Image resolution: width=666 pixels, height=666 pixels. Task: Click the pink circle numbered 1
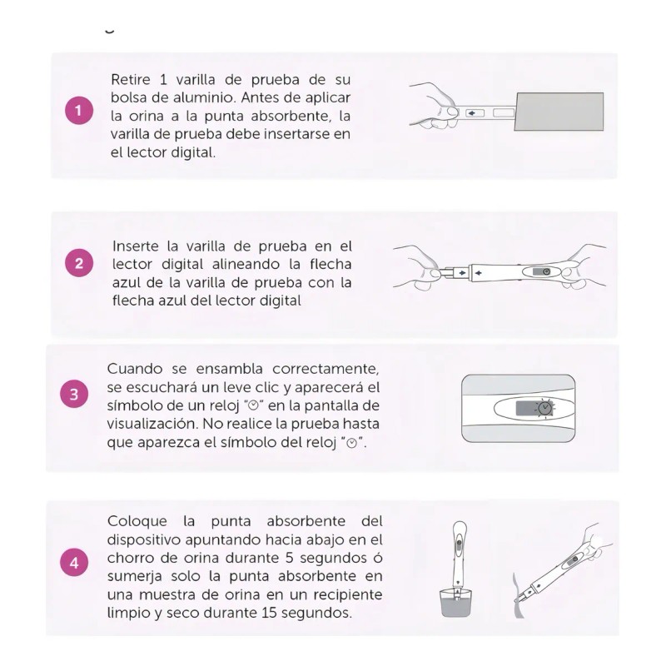coord(78,112)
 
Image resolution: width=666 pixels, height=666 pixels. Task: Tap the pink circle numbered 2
coord(78,264)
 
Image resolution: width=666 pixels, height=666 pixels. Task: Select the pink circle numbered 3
coord(74,395)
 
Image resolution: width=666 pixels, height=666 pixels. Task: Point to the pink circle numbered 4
coord(74,563)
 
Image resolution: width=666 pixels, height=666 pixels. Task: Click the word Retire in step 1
coord(132,79)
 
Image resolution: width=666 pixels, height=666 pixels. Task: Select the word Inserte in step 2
coord(137,246)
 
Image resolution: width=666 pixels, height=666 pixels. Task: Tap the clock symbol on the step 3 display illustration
coord(544,408)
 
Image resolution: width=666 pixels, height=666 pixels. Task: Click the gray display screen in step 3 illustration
coord(525,409)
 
